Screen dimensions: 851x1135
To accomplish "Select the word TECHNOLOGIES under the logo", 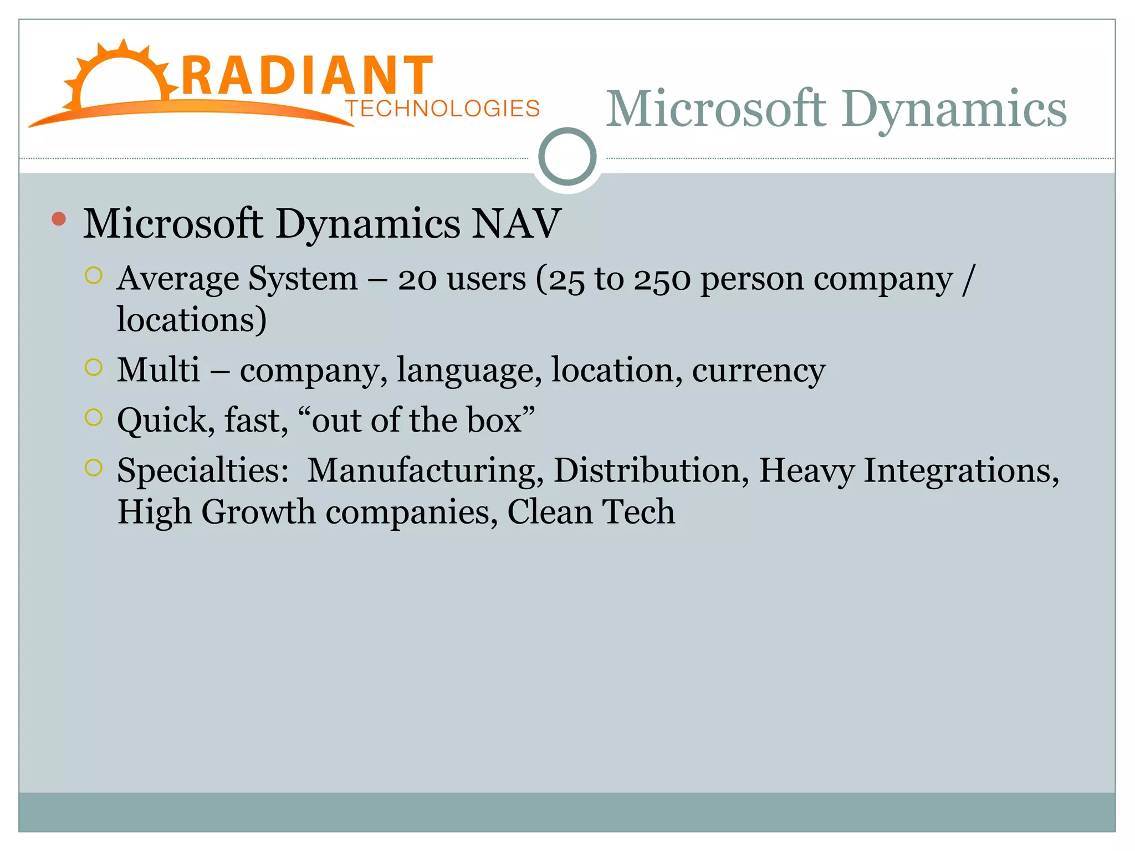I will click(442, 109).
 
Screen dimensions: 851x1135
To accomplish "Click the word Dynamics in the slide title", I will click(954, 109).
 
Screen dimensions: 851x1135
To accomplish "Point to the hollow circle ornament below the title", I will click(567, 157).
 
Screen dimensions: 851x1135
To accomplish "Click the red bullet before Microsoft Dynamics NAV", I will click(59, 219).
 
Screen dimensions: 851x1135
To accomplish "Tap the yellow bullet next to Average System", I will click(94, 276).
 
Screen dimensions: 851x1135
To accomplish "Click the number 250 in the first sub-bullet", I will click(662, 279).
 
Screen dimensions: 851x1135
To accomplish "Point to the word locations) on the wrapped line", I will click(192, 320).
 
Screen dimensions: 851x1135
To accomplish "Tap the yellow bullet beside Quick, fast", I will click(94, 417).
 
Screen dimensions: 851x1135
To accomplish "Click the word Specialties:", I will click(203, 470).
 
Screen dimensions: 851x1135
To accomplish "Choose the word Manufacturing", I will click(425, 470).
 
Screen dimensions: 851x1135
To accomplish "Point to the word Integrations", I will click(960, 470).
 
